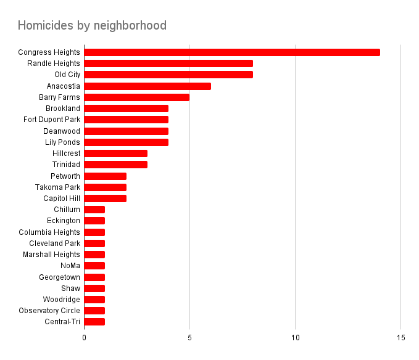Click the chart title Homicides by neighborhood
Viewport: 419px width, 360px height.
point(92,25)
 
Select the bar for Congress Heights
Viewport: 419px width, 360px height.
point(231,52)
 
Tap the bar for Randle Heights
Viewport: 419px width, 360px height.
point(168,63)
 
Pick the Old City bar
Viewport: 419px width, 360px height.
point(168,75)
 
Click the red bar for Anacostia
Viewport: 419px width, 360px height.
point(147,86)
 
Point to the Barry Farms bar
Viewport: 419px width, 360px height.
point(136,97)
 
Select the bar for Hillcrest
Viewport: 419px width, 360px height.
point(115,153)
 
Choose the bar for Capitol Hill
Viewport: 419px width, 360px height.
point(105,198)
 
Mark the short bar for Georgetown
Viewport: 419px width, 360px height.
point(94,277)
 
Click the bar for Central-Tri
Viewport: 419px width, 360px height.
point(94,322)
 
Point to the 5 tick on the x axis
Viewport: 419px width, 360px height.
point(189,338)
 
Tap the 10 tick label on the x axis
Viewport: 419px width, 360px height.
point(296,338)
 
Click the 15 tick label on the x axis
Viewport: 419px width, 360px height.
point(401,338)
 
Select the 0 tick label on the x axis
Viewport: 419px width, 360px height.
point(84,338)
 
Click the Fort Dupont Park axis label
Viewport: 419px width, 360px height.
point(52,120)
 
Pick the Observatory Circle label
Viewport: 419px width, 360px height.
point(49,311)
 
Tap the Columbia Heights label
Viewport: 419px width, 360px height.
point(49,232)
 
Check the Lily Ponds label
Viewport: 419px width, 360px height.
point(62,142)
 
